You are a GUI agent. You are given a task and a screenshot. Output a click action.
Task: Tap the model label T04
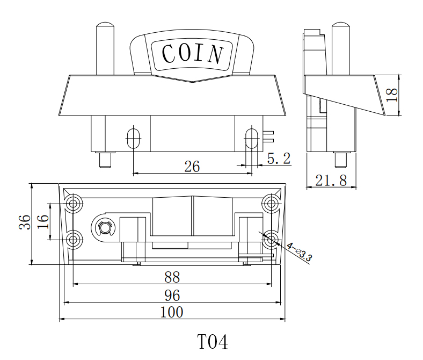click(211, 342)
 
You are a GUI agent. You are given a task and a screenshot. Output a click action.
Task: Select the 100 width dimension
click(172, 312)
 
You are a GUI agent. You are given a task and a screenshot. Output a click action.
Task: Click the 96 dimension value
click(172, 295)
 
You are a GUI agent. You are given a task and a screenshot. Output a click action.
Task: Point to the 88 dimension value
click(172, 277)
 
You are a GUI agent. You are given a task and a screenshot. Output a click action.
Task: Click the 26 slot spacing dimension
click(192, 167)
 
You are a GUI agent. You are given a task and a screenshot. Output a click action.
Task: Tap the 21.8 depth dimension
click(331, 181)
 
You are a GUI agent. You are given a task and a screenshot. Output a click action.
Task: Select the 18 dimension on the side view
click(392, 95)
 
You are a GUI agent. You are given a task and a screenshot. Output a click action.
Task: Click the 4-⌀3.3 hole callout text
click(300, 253)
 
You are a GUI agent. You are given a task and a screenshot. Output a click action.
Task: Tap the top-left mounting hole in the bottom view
click(74, 204)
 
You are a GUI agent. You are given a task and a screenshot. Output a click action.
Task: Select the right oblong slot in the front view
click(251, 138)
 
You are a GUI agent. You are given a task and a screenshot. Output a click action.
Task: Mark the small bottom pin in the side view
click(340, 160)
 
